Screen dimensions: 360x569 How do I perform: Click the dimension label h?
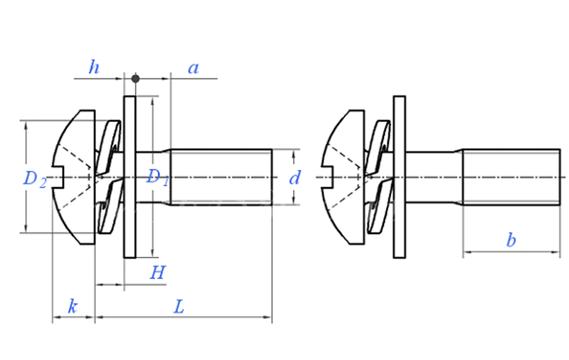94,68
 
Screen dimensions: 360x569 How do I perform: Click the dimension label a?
193,68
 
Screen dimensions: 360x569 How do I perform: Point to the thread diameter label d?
294,178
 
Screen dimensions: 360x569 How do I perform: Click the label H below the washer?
158,272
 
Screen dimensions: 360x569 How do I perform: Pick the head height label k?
73,306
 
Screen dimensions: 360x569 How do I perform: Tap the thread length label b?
511,240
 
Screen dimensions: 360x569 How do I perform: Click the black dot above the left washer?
135,77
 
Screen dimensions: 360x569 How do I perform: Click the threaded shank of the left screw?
220,177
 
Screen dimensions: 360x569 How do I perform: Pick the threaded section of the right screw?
510,177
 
